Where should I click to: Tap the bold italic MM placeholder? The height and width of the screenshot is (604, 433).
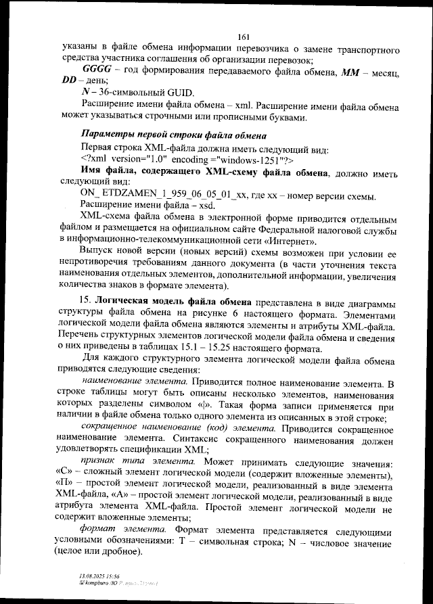(x=356, y=70)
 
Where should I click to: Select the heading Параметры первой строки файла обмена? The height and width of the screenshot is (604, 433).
(x=173, y=132)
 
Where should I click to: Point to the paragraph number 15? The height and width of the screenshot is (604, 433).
(x=86, y=300)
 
